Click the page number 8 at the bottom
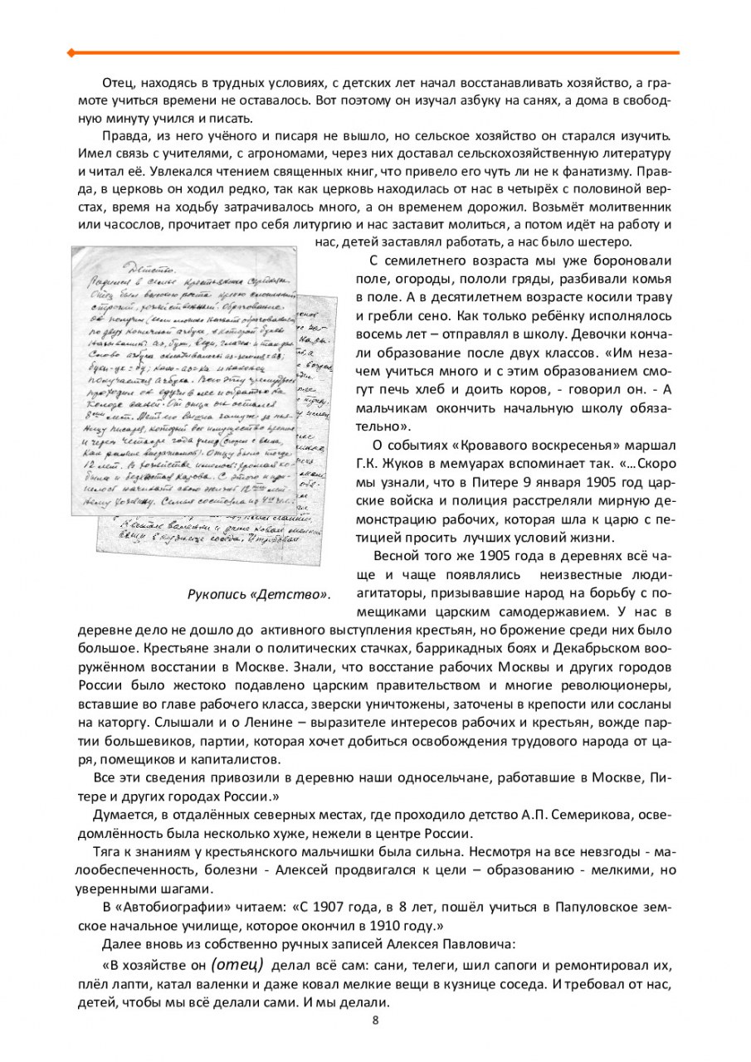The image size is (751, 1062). [375, 1021]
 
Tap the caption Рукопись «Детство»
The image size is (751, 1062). [258, 595]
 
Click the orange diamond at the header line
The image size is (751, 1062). [71, 52]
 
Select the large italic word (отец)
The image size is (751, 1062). [237, 966]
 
